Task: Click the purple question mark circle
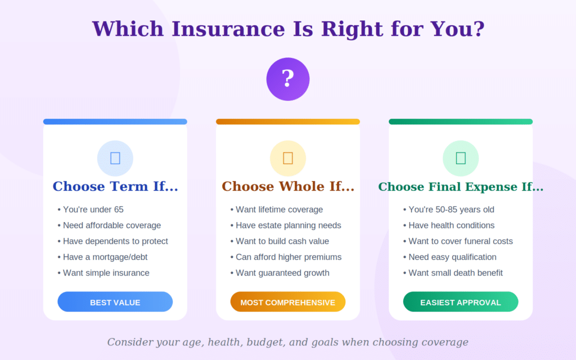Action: [288, 79]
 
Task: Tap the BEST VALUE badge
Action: [115, 302]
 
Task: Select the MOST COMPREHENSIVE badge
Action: [288, 302]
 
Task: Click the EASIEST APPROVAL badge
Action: [461, 302]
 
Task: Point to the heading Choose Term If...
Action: [115, 187]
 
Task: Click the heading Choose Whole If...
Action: [288, 187]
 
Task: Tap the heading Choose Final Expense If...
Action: [461, 187]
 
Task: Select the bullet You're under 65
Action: [93, 210]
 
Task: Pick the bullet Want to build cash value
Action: [282, 241]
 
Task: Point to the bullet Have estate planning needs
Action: [288, 226]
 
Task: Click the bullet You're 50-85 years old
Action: [451, 210]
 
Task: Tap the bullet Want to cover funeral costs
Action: [460, 241]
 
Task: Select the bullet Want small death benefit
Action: [455, 273]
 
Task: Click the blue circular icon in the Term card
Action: [115, 158]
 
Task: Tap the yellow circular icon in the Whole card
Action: [288, 158]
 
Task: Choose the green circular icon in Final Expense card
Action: [461, 158]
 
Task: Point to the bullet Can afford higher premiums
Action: [288, 257]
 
